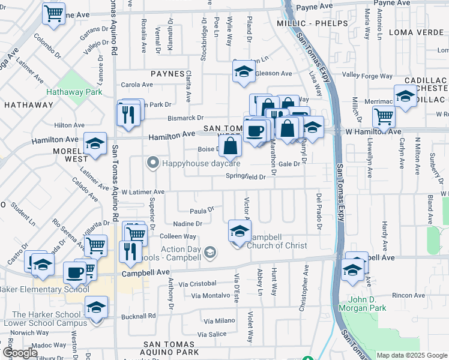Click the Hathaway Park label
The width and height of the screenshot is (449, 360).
pyautogui.click(x=74, y=93)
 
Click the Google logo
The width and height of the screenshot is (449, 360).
pyautogui.click(x=19, y=352)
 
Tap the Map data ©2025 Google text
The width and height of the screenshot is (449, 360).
pyautogui.click(x=412, y=355)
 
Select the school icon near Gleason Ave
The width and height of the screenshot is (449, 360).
pyautogui.click(x=243, y=73)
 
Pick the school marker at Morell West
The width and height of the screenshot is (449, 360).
pyautogui.click(x=95, y=145)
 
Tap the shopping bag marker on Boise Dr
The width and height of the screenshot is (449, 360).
pyautogui.click(x=230, y=145)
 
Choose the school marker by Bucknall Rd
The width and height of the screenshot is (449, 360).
pyautogui.click(x=96, y=308)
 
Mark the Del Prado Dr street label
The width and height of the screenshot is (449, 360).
pyautogui.click(x=319, y=211)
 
